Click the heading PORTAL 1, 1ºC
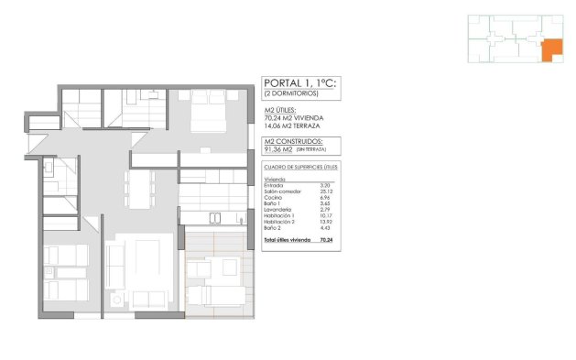[299, 82]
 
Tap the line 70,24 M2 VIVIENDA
[292, 118]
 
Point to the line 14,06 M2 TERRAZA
[291, 125]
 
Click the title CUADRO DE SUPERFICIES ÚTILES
[300, 168]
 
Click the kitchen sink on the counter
[216, 217]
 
